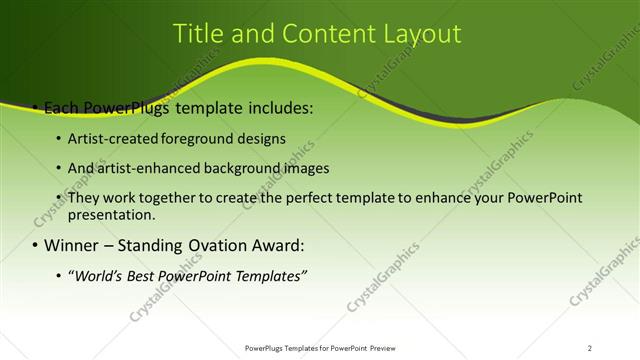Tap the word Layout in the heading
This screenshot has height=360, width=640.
point(420,34)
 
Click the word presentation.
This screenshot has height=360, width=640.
point(111,214)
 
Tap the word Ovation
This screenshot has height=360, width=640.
point(226,245)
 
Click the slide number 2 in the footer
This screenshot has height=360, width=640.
point(590,348)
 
